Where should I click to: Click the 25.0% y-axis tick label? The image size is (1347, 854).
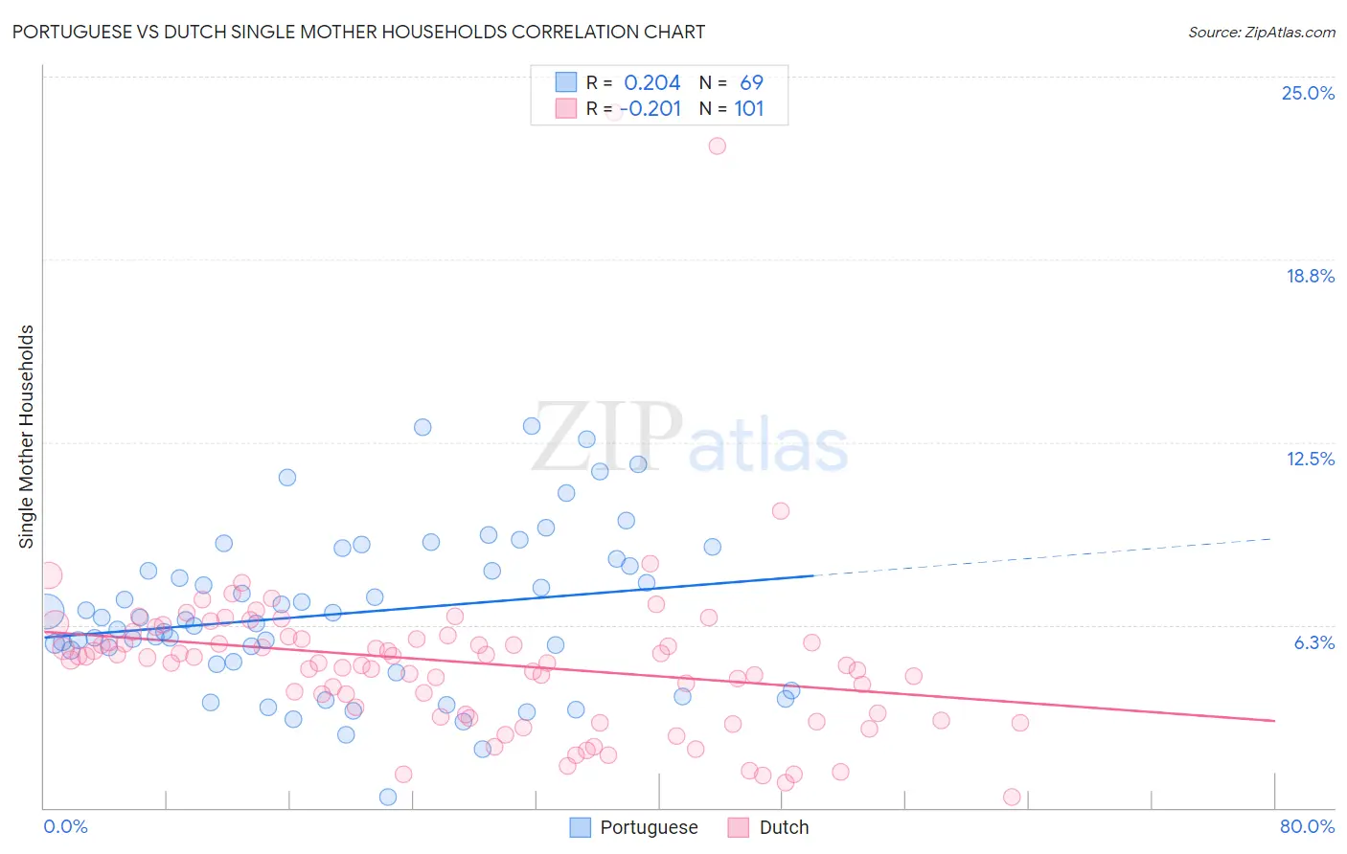(1308, 93)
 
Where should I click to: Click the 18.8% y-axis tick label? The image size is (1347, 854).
(1310, 276)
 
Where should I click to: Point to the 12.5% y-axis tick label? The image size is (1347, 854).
(1310, 459)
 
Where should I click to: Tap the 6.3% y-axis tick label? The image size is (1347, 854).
(1313, 642)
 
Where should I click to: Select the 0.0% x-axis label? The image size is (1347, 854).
(65, 826)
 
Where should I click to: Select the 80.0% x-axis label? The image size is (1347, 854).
(1307, 826)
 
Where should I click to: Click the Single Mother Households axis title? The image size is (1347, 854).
(27, 437)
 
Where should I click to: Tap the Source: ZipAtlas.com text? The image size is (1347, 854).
(1261, 32)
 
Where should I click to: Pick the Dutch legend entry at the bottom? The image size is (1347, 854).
(783, 827)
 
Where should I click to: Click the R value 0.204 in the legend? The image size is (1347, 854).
(651, 82)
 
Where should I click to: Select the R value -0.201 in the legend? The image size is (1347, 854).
(651, 108)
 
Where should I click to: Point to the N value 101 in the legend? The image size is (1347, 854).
(748, 108)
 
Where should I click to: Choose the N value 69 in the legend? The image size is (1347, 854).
(751, 82)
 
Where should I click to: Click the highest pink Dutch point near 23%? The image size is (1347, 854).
(717, 146)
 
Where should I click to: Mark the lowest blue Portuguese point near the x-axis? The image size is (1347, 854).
(388, 797)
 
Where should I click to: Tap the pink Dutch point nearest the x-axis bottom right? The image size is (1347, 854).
(1011, 797)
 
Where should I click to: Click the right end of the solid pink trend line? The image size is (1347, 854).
(1274, 720)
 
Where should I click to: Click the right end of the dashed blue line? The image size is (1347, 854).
(1272, 539)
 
